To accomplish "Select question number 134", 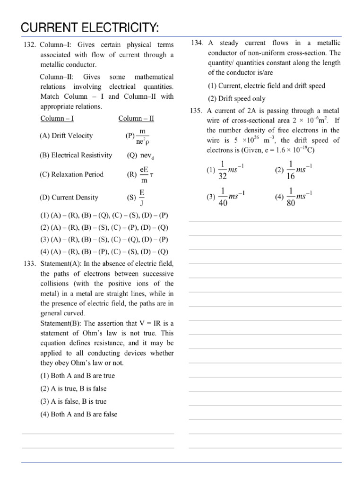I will click(x=197, y=43).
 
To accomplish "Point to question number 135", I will click(x=197, y=111).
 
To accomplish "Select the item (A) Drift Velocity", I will click(x=66, y=136).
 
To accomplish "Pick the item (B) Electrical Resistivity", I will click(x=76, y=155).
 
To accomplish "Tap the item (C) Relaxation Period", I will click(x=71, y=174).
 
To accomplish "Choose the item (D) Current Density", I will click(x=69, y=198).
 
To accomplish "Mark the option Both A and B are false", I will click(x=78, y=414).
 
